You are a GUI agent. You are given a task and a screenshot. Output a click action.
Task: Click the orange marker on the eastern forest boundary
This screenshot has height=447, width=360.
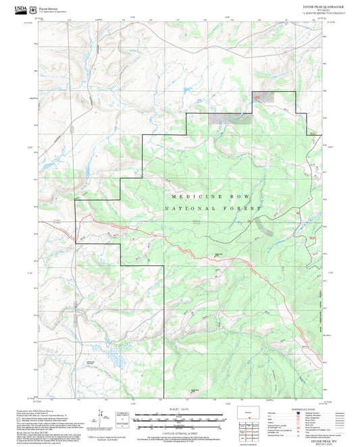[311, 134]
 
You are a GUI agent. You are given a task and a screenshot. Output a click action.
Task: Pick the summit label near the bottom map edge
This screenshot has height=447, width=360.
[194, 391]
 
